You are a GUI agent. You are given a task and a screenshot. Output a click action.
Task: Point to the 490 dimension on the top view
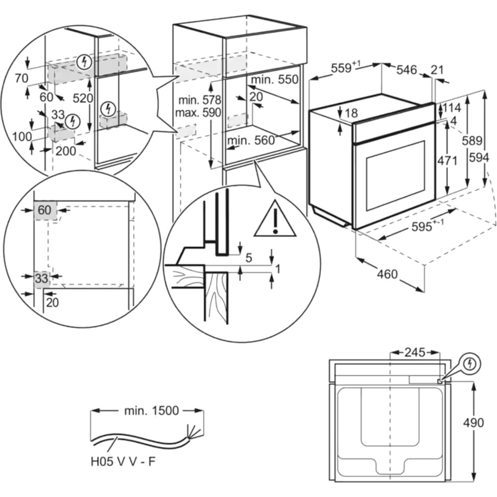[473, 423]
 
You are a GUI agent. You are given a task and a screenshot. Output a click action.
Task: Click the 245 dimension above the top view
[414, 353]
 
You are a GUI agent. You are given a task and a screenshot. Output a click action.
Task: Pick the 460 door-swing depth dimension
[387, 274]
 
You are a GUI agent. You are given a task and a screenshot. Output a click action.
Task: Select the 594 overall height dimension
[481, 158]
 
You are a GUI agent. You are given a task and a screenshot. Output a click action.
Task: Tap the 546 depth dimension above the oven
[406, 70]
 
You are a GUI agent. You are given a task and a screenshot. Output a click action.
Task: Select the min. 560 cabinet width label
[251, 141]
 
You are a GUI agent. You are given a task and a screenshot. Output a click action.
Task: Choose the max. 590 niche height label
[197, 112]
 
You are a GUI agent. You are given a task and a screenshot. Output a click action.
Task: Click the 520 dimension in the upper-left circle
[83, 98]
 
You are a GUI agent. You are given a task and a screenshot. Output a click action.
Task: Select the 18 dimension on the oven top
[351, 113]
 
